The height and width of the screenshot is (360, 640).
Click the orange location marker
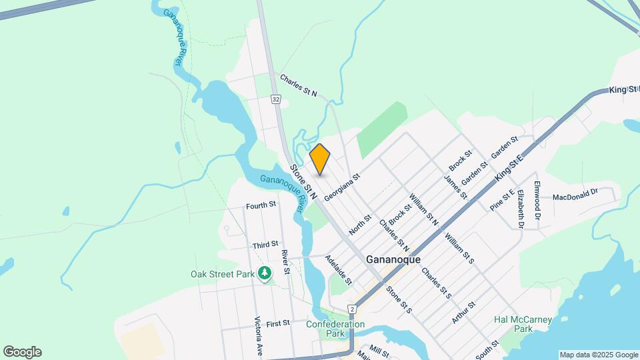[320, 159]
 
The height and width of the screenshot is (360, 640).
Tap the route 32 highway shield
[275, 99]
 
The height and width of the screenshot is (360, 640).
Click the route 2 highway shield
[352, 309]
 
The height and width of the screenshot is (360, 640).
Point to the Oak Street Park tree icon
[265, 273]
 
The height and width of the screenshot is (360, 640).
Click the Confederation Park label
[335, 329]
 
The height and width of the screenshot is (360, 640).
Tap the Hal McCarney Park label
[523, 324]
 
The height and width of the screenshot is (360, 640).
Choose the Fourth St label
[261, 205]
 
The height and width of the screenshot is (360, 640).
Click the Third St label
[265, 245]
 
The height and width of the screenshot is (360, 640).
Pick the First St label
[277, 323]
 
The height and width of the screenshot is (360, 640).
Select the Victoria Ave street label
[257, 336]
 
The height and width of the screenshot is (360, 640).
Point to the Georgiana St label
[342, 187]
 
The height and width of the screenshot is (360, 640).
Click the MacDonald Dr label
[575, 197]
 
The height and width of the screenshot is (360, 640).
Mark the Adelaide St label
[339, 270]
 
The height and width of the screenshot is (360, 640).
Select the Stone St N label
[303, 182]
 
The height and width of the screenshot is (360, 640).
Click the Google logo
[22, 352]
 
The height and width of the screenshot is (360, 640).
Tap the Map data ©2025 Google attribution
[599, 355]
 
